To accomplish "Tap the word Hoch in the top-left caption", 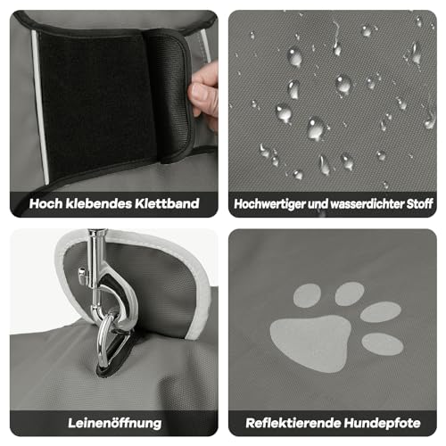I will [46, 203].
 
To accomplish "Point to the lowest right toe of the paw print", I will [382, 343].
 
